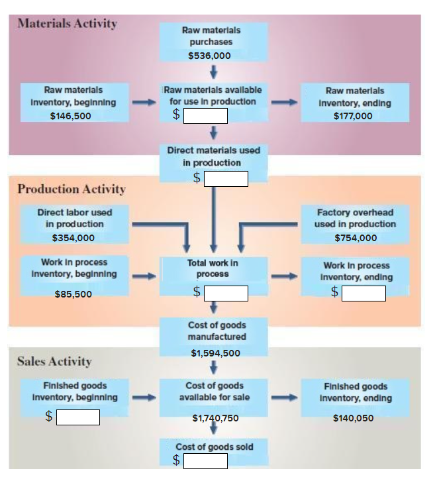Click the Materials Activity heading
pyautogui.click(x=67, y=24)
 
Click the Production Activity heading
pyautogui.click(x=71, y=189)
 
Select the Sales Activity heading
pyautogui.click(x=54, y=362)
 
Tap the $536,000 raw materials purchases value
pyautogui.click(x=209, y=56)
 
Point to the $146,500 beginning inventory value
pyautogui.click(x=71, y=116)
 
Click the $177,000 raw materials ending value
pyautogui.click(x=353, y=116)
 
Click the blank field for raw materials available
pyautogui.click(x=205, y=116)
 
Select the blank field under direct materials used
pyautogui.click(x=226, y=178)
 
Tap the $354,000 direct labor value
pyautogui.click(x=73, y=238)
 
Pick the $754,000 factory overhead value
pyautogui.click(x=356, y=238)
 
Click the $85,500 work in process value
pyautogui.click(x=73, y=294)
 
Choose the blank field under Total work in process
pyautogui.click(x=226, y=293)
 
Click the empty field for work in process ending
pyautogui.click(x=364, y=293)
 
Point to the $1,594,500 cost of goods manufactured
pyautogui.click(x=215, y=353)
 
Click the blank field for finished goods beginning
pyautogui.click(x=77, y=417)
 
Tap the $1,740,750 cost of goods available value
pyautogui.click(x=215, y=418)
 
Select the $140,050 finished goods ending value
pyautogui.click(x=353, y=418)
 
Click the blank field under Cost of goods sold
pyautogui.click(x=205, y=460)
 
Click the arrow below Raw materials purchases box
pyautogui.click(x=213, y=71)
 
